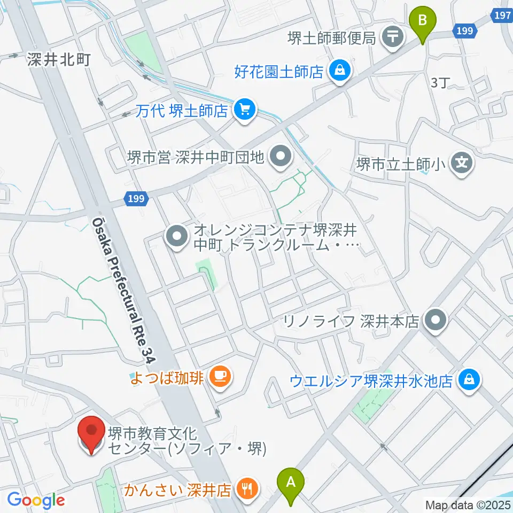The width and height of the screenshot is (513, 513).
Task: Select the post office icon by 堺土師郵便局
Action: tap(394, 37)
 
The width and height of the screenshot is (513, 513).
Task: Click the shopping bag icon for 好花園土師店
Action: tap(339, 71)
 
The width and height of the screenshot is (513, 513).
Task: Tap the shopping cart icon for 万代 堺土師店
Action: tap(245, 110)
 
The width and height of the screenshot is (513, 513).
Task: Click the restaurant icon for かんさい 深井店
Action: tap(246, 489)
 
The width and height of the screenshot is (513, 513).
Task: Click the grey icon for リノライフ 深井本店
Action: tap(434, 321)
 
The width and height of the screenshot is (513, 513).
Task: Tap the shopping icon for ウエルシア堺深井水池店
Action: tap(469, 381)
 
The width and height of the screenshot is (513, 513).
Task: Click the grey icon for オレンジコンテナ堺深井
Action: tap(176, 237)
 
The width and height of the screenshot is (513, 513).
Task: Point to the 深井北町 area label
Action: tap(59, 59)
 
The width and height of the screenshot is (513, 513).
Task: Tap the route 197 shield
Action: tap(502, 15)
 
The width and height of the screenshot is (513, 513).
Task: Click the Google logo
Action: tap(36, 500)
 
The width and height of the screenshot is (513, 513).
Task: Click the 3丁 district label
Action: tap(441, 83)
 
